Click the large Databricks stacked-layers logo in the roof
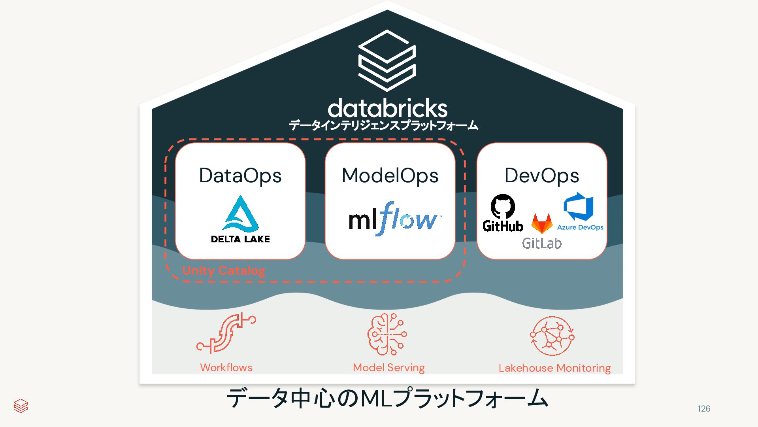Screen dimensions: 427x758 point(387,60)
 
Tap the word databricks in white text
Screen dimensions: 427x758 point(387,108)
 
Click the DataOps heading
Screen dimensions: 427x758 point(240,176)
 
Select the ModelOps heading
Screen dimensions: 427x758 point(390,176)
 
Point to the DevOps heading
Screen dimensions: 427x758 point(542,176)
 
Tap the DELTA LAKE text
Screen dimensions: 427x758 point(240,239)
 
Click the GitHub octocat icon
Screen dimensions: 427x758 point(503,206)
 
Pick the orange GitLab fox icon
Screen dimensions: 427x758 point(542,223)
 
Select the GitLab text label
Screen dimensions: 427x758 point(542,243)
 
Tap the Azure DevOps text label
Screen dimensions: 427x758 point(580,227)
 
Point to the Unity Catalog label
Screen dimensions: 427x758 point(224,271)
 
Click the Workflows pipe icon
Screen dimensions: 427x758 point(226,333)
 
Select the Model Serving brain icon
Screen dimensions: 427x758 point(387,334)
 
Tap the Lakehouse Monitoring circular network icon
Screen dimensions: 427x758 point(552,336)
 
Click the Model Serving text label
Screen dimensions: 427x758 point(389,368)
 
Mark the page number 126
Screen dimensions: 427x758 point(704,409)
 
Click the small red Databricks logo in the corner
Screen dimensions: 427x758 point(21,406)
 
